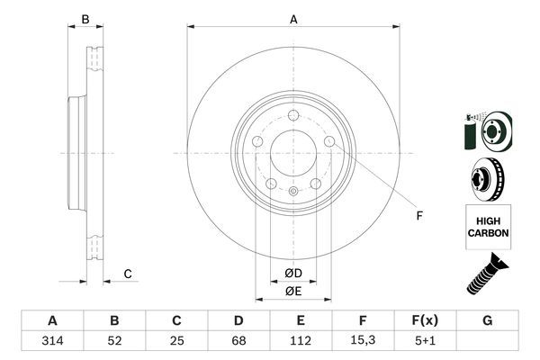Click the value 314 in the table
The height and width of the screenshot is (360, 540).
coord(51,341)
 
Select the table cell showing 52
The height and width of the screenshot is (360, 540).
coord(114,341)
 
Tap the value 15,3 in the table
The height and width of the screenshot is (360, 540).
coord(363,341)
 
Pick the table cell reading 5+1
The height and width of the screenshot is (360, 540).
coord(425,341)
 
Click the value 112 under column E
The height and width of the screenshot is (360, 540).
coord(301,341)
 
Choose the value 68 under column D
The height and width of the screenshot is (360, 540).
coord(238,341)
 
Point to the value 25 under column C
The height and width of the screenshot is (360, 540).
coord(176,341)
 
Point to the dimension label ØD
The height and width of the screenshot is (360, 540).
coord(292,273)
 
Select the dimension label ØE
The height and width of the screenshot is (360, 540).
coord(292,291)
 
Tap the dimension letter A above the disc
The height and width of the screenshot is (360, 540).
coord(293,18)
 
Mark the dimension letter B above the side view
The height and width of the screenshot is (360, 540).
coord(85,19)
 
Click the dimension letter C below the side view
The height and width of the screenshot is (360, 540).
coord(128,274)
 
